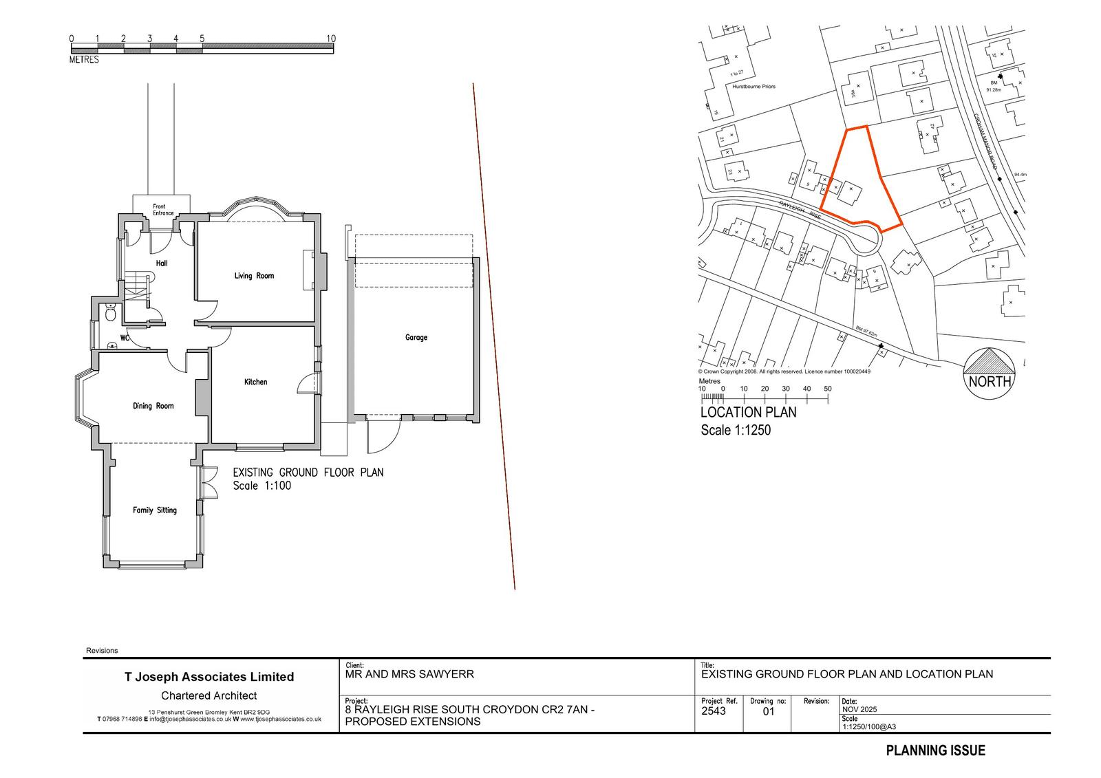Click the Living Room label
point(254,276)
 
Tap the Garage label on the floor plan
point(416,337)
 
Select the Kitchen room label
point(255,382)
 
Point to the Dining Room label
point(153,406)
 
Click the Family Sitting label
point(154,510)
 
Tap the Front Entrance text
point(163,210)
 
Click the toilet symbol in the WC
point(110,314)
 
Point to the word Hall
point(162,263)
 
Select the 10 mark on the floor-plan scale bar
point(331,39)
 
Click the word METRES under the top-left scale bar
point(84,60)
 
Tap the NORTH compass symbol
point(990,371)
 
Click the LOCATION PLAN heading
point(748,412)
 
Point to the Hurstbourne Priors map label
point(753,87)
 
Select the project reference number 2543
point(713,711)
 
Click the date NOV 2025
point(859,709)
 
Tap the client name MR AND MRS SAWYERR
point(409,674)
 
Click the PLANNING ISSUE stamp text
point(935,750)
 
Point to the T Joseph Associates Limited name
point(209,677)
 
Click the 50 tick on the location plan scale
point(827,389)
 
